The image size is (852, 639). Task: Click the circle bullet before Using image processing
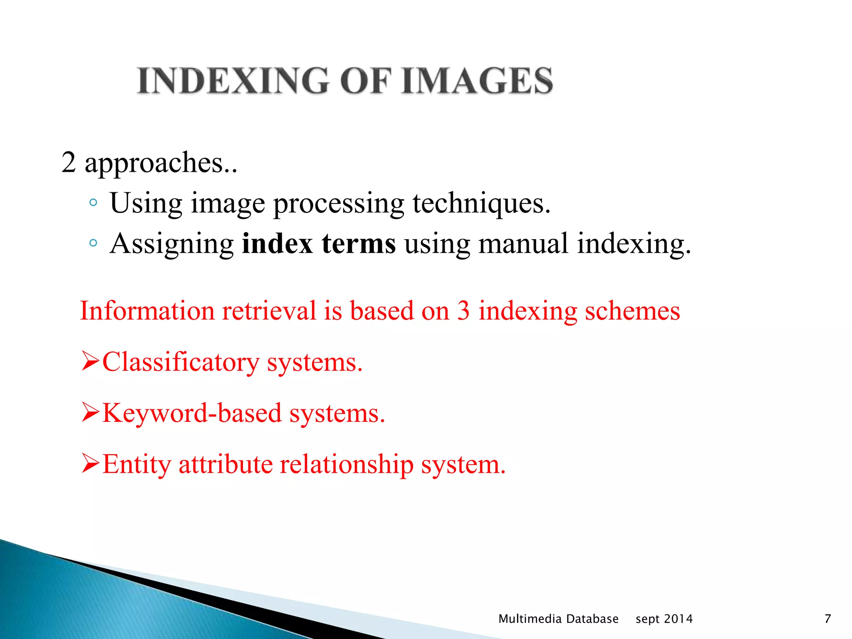point(93,203)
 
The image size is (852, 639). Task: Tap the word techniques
point(481,204)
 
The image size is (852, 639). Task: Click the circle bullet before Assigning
point(93,243)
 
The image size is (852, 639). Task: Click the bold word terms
point(359,244)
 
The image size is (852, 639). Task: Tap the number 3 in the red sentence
point(463,311)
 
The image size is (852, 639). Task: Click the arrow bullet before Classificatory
point(90,361)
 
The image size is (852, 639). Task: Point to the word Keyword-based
point(192,414)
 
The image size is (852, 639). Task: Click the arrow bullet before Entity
point(90,463)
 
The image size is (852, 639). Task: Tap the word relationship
point(346,465)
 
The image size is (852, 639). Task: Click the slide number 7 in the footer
point(827,619)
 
